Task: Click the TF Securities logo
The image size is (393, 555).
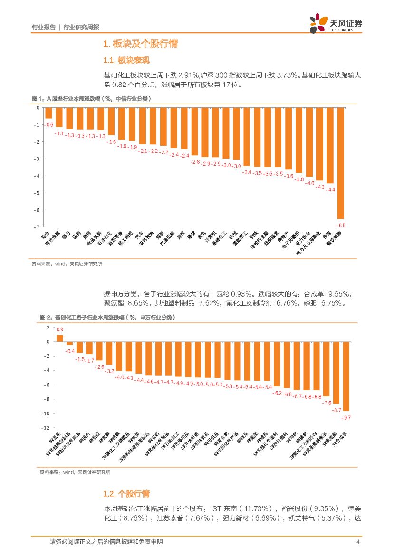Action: coord(336,23)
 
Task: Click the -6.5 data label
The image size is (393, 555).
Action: coord(341,225)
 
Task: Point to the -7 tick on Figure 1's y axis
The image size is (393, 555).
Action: coord(37,227)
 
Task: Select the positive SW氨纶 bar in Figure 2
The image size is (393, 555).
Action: coord(59,338)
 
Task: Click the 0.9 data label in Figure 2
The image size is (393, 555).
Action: coord(60,329)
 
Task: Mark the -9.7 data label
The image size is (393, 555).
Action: coord(346,417)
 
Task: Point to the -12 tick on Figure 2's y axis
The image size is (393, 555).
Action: coord(46,428)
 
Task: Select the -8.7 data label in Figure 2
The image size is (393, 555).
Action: coord(336,410)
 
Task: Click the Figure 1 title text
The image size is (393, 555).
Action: coord(90,99)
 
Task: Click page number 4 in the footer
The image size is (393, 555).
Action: coord(357,542)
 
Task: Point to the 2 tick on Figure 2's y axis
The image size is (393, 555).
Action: coord(48,328)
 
